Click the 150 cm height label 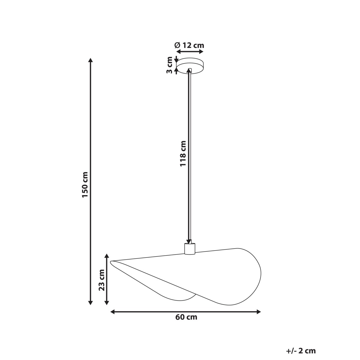click(x=85, y=184)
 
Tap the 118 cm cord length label click(x=184, y=154)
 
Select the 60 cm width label click(x=186, y=317)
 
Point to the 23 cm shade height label click(x=102, y=280)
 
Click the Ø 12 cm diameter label click(x=189, y=45)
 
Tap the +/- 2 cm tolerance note click(x=301, y=351)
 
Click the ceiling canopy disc click(x=190, y=65)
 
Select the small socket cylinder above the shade click(x=190, y=249)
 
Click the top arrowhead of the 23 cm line click(x=106, y=256)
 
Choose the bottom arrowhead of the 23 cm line click(x=106, y=303)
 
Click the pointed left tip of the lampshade click(x=111, y=262)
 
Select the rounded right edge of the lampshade click(x=260, y=274)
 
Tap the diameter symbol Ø click(x=177, y=45)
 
